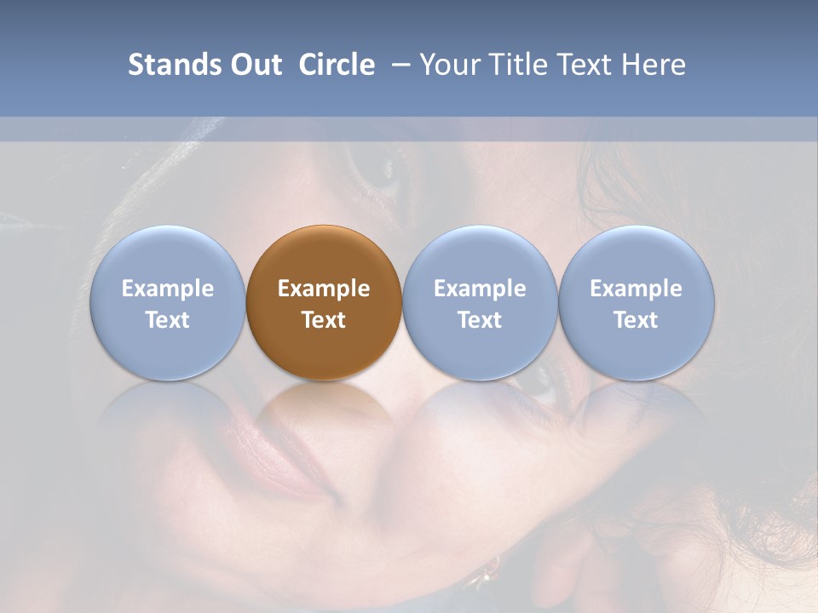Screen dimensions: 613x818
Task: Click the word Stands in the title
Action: click(174, 65)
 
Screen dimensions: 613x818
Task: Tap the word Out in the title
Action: click(253, 65)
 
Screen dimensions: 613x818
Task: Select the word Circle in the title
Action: click(337, 65)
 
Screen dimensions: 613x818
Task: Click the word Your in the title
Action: click(450, 65)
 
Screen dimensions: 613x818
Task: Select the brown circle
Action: click(324, 302)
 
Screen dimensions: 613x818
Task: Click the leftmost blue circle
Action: click(167, 302)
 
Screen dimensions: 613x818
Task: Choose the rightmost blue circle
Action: click(637, 302)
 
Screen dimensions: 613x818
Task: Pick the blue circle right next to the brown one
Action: click(480, 302)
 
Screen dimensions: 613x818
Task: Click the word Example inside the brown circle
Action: click(324, 289)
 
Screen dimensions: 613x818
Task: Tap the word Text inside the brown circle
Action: click(324, 320)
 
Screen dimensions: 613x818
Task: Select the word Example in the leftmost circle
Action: click(167, 289)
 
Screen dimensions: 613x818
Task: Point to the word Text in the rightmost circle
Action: click(637, 320)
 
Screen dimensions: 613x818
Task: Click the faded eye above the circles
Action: click(380, 170)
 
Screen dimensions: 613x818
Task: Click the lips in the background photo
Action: click(294, 464)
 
